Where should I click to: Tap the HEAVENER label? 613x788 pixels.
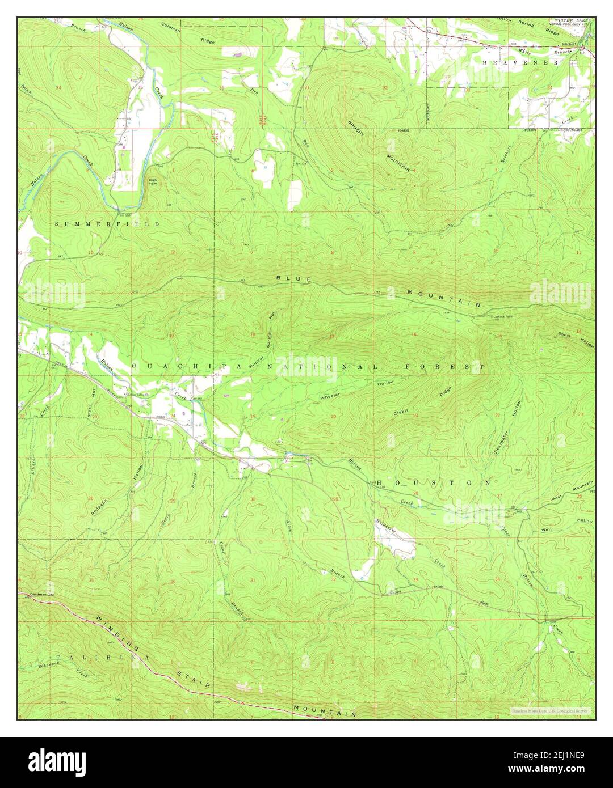[x=520, y=62]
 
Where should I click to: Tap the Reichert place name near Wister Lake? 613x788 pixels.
[x=569, y=43]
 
